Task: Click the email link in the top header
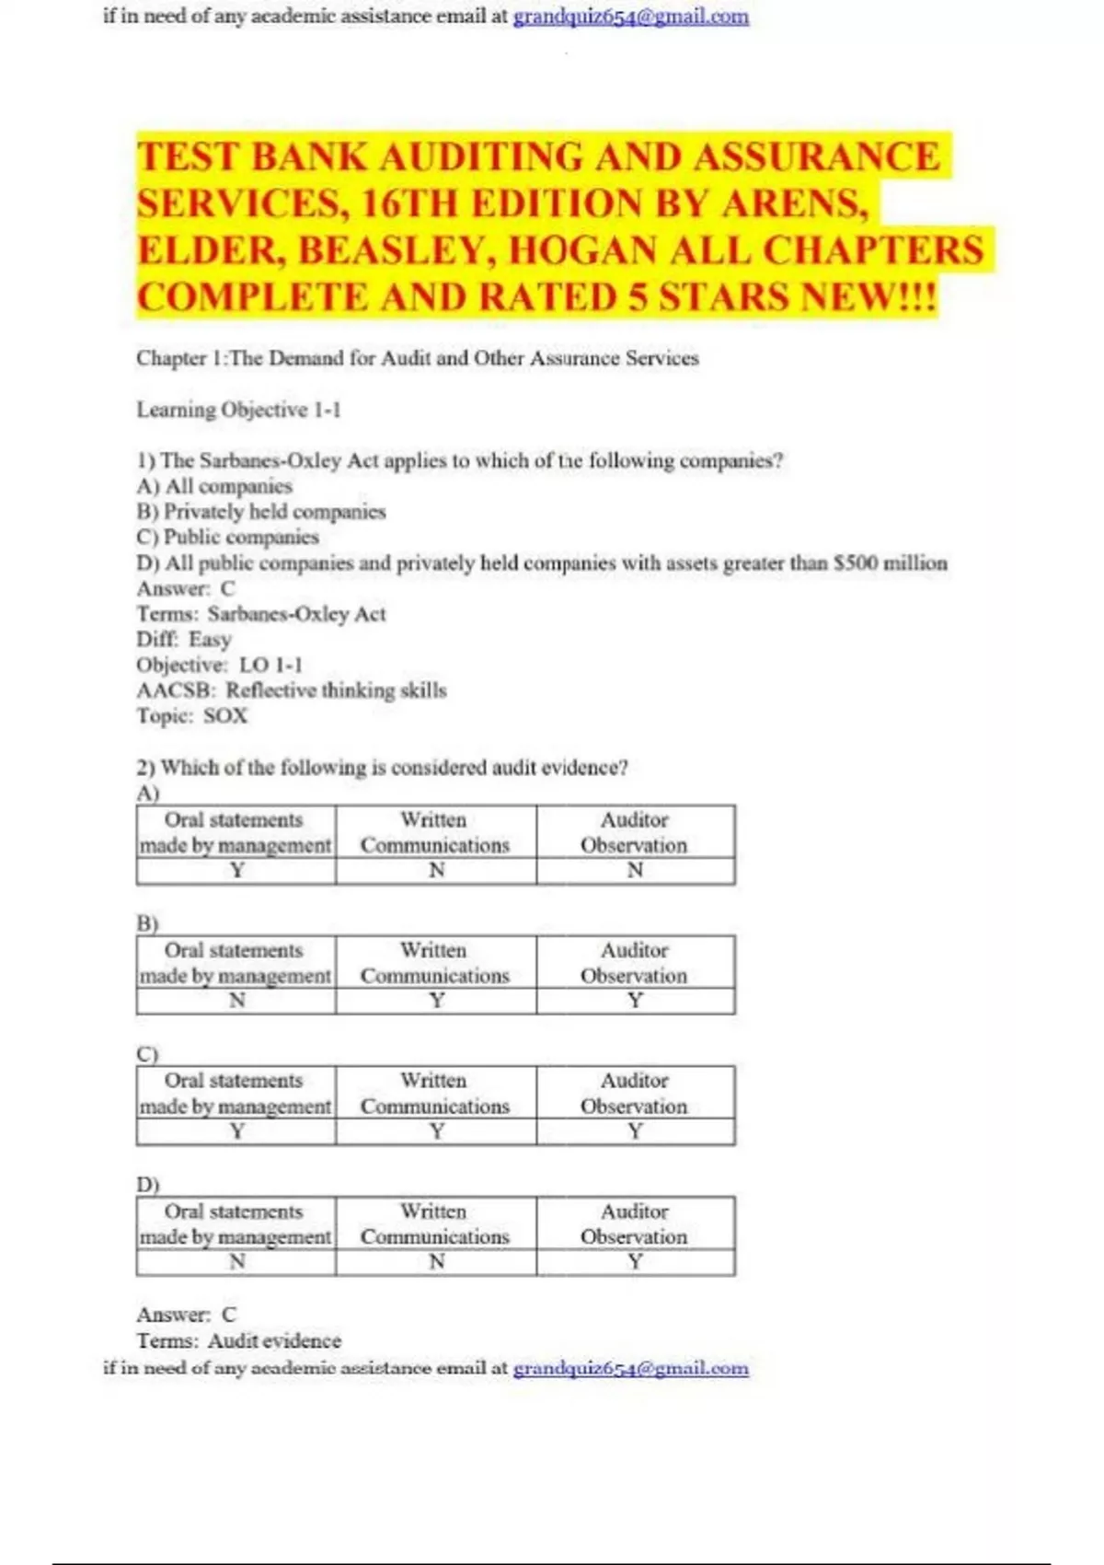click(x=630, y=17)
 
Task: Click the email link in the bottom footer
click(x=630, y=1368)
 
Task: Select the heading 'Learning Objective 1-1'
click(x=238, y=410)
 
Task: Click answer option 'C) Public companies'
click(x=227, y=537)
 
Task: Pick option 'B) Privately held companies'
click(x=260, y=512)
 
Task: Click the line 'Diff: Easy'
click(x=184, y=639)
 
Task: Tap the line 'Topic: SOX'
click(x=192, y=715)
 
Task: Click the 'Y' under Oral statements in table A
click(x=236, y=870)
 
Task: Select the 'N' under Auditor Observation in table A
click(x=635, y=870)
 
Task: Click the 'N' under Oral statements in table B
click(x=236, y=1000)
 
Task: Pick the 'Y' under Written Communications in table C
click(x=436, y=1130)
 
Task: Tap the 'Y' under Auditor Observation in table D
click(x=635, y=1261)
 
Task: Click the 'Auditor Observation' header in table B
click(x=634, y=962)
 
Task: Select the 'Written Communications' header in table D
click(x=434, y=1223)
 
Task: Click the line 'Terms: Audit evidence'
click(x=238, y=1340)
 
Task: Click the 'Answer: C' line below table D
click(x=186, y=1315)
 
